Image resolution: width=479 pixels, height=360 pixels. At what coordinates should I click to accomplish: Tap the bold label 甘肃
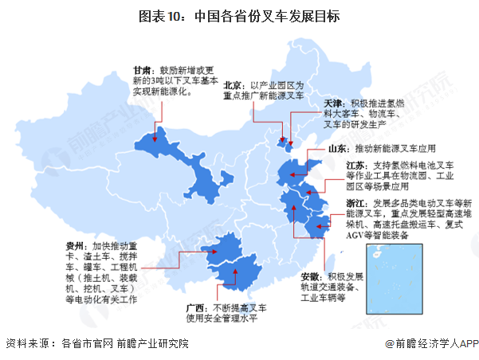[x=143, y=70]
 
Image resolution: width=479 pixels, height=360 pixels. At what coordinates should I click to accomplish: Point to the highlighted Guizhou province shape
[x=223, y=251]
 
